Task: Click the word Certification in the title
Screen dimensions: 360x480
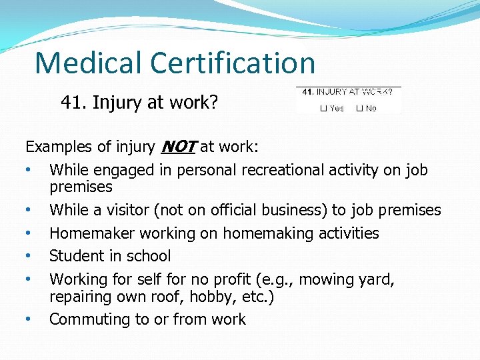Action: pyautogui.click(x=233, y=63)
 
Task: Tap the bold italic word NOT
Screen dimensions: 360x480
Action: pyautogui.click(x=177, y=147)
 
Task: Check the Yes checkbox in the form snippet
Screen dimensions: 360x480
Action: pyautogui.click(x=323, y=108)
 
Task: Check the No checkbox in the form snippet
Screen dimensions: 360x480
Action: pyautogui.click(x=359, y=108)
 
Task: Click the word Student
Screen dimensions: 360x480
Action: pyautogui.click(x=77, y=256)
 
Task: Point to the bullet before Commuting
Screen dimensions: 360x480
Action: pyautogui.click(x=28, y=319)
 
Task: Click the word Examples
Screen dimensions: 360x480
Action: pyautogui.click(x=56, y=147)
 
